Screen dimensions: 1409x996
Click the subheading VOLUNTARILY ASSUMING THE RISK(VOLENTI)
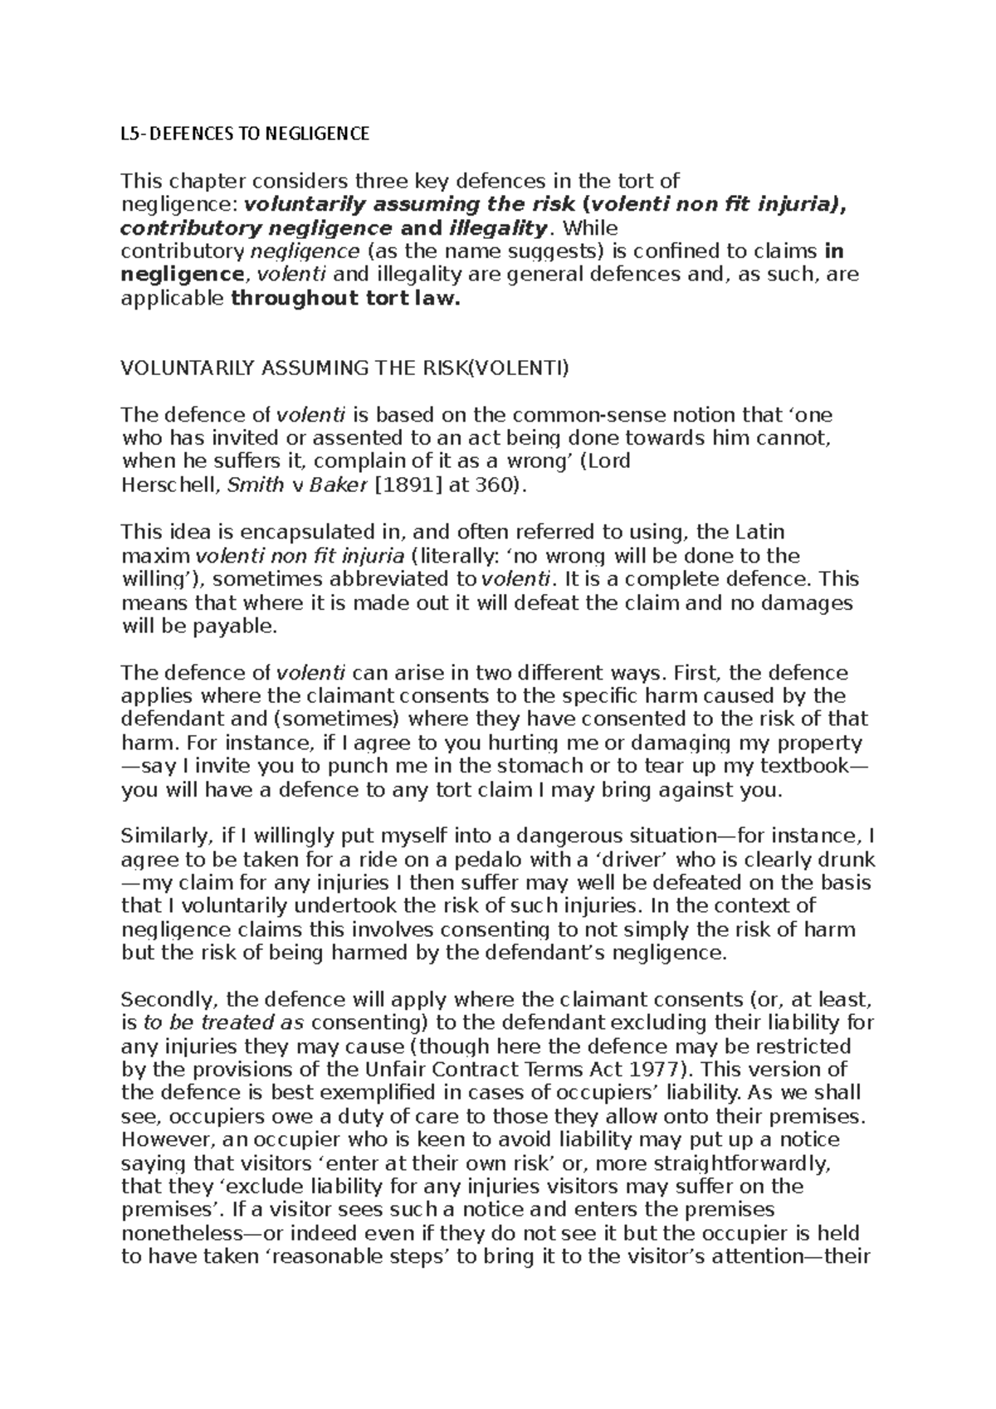pyautogui.click(x=345, y=368)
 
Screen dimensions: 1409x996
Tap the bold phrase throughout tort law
pyautogui.click(x=344, y=299)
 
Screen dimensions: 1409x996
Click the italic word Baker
pyautogui.click(x=337, y=485)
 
